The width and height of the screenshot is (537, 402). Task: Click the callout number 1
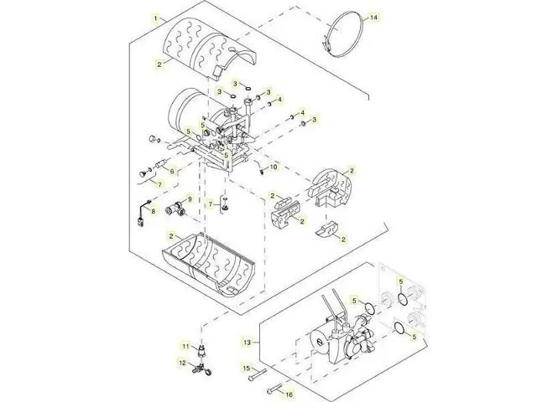point(156,18)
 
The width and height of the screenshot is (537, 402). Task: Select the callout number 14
point(373,17)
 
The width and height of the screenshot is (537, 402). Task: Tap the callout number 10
point(274,167)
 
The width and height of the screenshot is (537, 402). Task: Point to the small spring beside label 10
point(261,169)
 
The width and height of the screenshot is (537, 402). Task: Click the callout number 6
point(171,171)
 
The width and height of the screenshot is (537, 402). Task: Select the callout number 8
point(153,211)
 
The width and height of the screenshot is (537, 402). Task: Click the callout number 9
point(190,199)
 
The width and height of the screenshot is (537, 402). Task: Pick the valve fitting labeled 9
point(175,209)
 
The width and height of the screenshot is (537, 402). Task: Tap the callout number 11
point(185,347)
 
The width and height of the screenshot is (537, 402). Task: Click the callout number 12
point(182,363)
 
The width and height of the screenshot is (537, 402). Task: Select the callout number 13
point(248,342)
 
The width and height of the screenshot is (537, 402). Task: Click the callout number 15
point(247,368)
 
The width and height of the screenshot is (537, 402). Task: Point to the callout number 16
point(289,394)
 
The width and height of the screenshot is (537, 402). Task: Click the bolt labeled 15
point(258,375)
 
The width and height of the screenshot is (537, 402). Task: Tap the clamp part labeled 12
point(203,369)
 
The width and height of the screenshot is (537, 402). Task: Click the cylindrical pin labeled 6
point(160,164)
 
